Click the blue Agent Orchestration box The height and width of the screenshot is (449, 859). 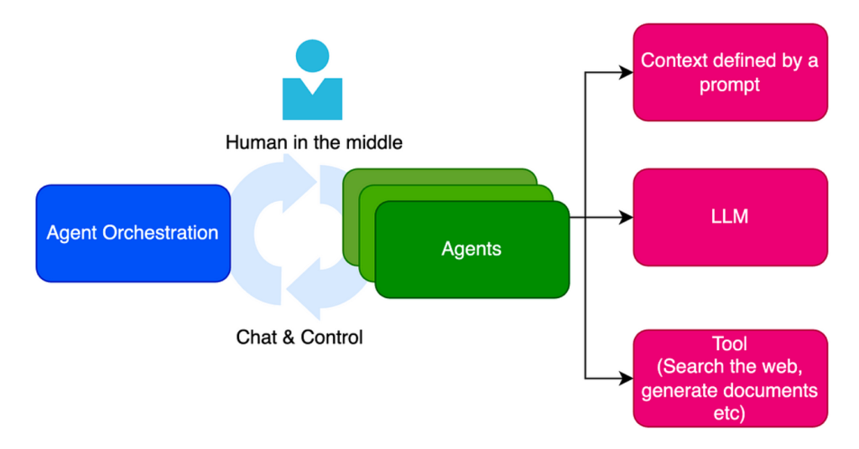click(x=133, y=233)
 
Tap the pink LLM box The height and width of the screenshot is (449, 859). click(x=729, y=217)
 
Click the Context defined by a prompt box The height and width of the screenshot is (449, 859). click(x=729, y=72)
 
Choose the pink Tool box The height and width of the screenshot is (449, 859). click(x=729, y=378)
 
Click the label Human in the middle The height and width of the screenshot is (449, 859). click(x=314, y=142)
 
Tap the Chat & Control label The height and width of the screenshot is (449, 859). click(x=299, y=338)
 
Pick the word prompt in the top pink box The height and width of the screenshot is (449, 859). click(x=729, y=85)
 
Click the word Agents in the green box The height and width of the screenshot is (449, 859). click(x=471, y=250)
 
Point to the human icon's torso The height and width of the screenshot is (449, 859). click(x=312, y=99)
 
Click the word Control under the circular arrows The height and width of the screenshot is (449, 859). click(x=331, y=338)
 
